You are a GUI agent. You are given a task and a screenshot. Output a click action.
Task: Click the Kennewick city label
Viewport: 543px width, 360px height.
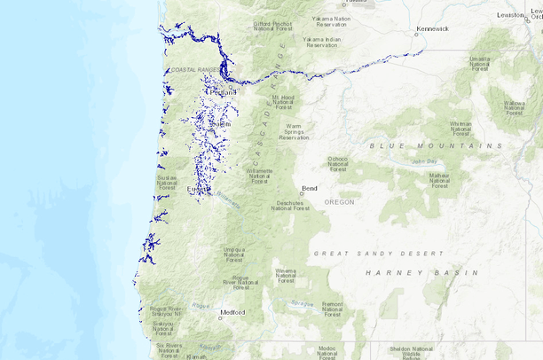[x=433, y=28]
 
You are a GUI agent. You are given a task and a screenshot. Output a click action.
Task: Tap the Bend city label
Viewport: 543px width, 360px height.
[x=310, y=188]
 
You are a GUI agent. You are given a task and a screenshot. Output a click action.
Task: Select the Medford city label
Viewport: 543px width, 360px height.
[x=232, y=312]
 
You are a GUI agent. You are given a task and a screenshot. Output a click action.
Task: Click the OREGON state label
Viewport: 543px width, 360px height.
[x=339, y=202]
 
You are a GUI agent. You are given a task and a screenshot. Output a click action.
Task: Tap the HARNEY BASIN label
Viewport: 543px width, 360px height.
[x=421, y=273]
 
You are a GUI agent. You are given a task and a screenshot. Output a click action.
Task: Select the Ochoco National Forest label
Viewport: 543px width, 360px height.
[x=338, y=162]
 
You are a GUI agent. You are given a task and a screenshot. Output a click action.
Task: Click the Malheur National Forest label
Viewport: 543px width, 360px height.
[x=439, y=180]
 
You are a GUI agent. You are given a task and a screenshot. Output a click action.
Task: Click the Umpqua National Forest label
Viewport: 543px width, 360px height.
[x=234, y=254]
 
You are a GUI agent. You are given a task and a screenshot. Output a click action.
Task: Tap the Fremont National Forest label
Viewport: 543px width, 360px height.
[x=332, y=309]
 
